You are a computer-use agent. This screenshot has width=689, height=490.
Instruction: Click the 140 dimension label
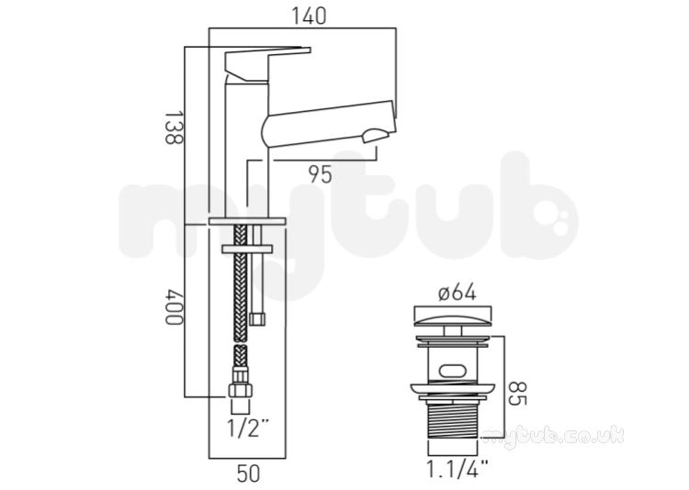click(x=310, y=17)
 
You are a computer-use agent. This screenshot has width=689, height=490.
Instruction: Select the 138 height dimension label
click(x=174, y=128)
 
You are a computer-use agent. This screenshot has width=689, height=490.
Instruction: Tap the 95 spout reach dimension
click(x=321, y=174)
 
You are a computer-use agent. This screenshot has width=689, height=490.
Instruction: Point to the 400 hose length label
click(x=174, y=306)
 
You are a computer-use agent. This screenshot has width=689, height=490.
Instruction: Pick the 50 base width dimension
click(x=249, y=473)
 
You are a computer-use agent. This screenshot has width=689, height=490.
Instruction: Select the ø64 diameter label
click(x=457, y=293)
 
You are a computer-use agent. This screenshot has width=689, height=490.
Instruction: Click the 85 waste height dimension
click(x=517, y=394)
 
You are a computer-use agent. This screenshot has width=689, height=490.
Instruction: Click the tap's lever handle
click(x=264, y=63)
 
